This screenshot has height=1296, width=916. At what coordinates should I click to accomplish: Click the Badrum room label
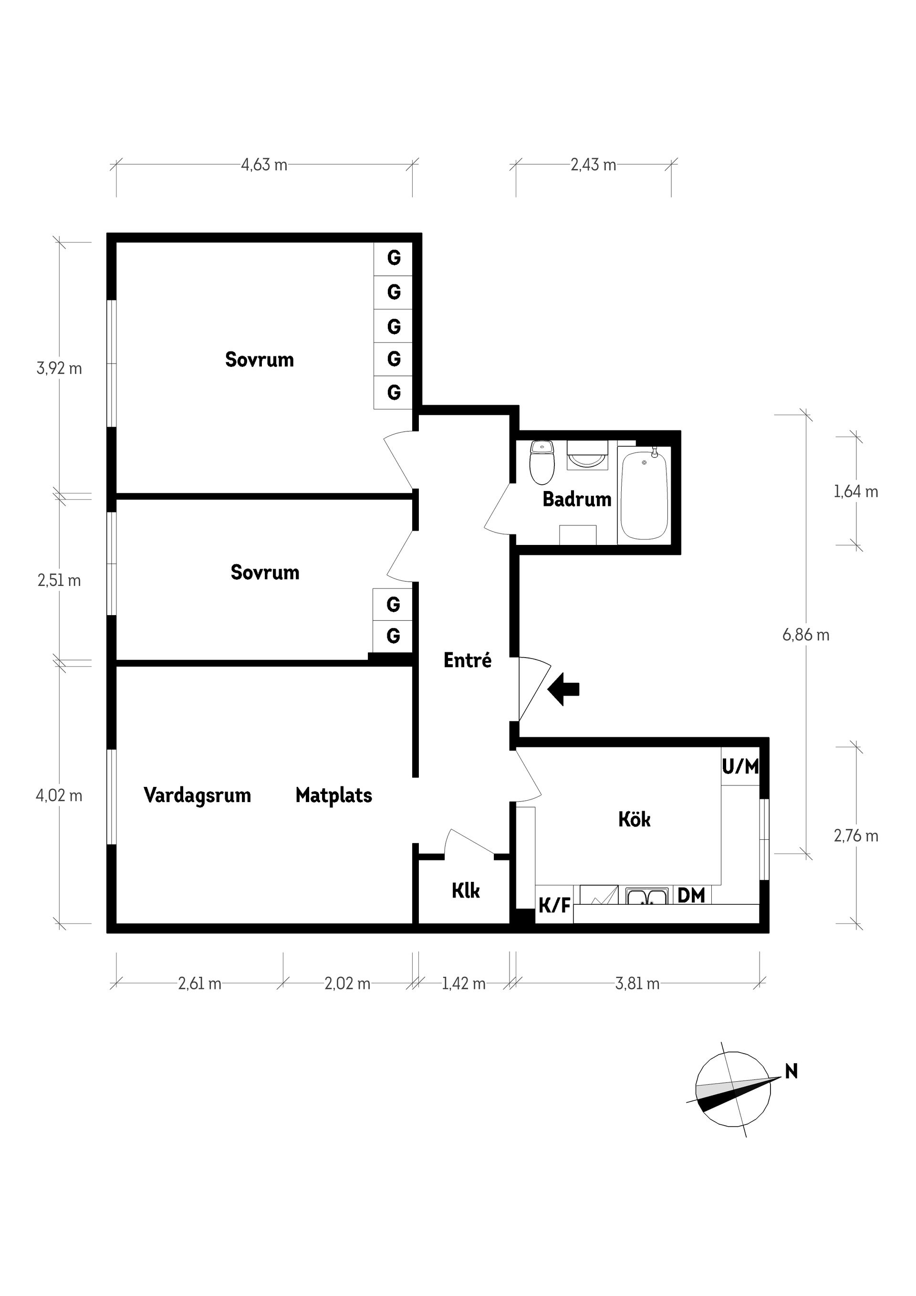tap(577, 499)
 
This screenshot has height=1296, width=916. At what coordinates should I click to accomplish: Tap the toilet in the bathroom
tap(542, 463)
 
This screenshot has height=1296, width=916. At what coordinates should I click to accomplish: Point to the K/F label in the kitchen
tap(554, 906)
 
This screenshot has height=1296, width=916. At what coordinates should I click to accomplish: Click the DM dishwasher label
tap(691, 895)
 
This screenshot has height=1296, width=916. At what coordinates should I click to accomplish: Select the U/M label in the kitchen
tap(740, 766)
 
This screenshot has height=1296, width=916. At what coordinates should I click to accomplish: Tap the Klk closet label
tap(466, 891)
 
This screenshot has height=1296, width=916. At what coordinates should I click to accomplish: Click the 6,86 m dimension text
tap(805, 635)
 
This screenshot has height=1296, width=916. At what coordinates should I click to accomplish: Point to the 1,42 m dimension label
tap(463, 983)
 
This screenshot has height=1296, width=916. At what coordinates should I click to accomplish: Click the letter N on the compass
tap(791, 1071)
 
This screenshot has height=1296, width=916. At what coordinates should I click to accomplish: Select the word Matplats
tap(333, 795)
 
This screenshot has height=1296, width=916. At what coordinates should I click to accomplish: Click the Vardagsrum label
tap(197, 795)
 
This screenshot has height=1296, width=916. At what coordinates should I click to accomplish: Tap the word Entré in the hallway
tap(468, 660)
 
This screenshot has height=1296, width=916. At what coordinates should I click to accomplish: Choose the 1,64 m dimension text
tap(855, 491)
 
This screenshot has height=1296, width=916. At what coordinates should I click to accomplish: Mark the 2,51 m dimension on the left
tap(59, 580)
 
